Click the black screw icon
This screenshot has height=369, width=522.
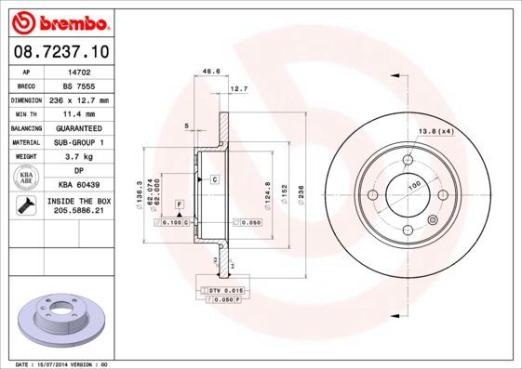pyautogui.click(x=23, y=208)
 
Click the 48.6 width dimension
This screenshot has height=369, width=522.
pyautogui.click(x=210, y=70)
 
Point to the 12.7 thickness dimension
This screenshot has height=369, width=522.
pyautogui.click(x=238, y=89)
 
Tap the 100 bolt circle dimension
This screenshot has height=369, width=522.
pyautogui.click(x=408, y=187)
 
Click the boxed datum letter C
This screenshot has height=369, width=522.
pyautogui.click(x=214, y=178)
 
